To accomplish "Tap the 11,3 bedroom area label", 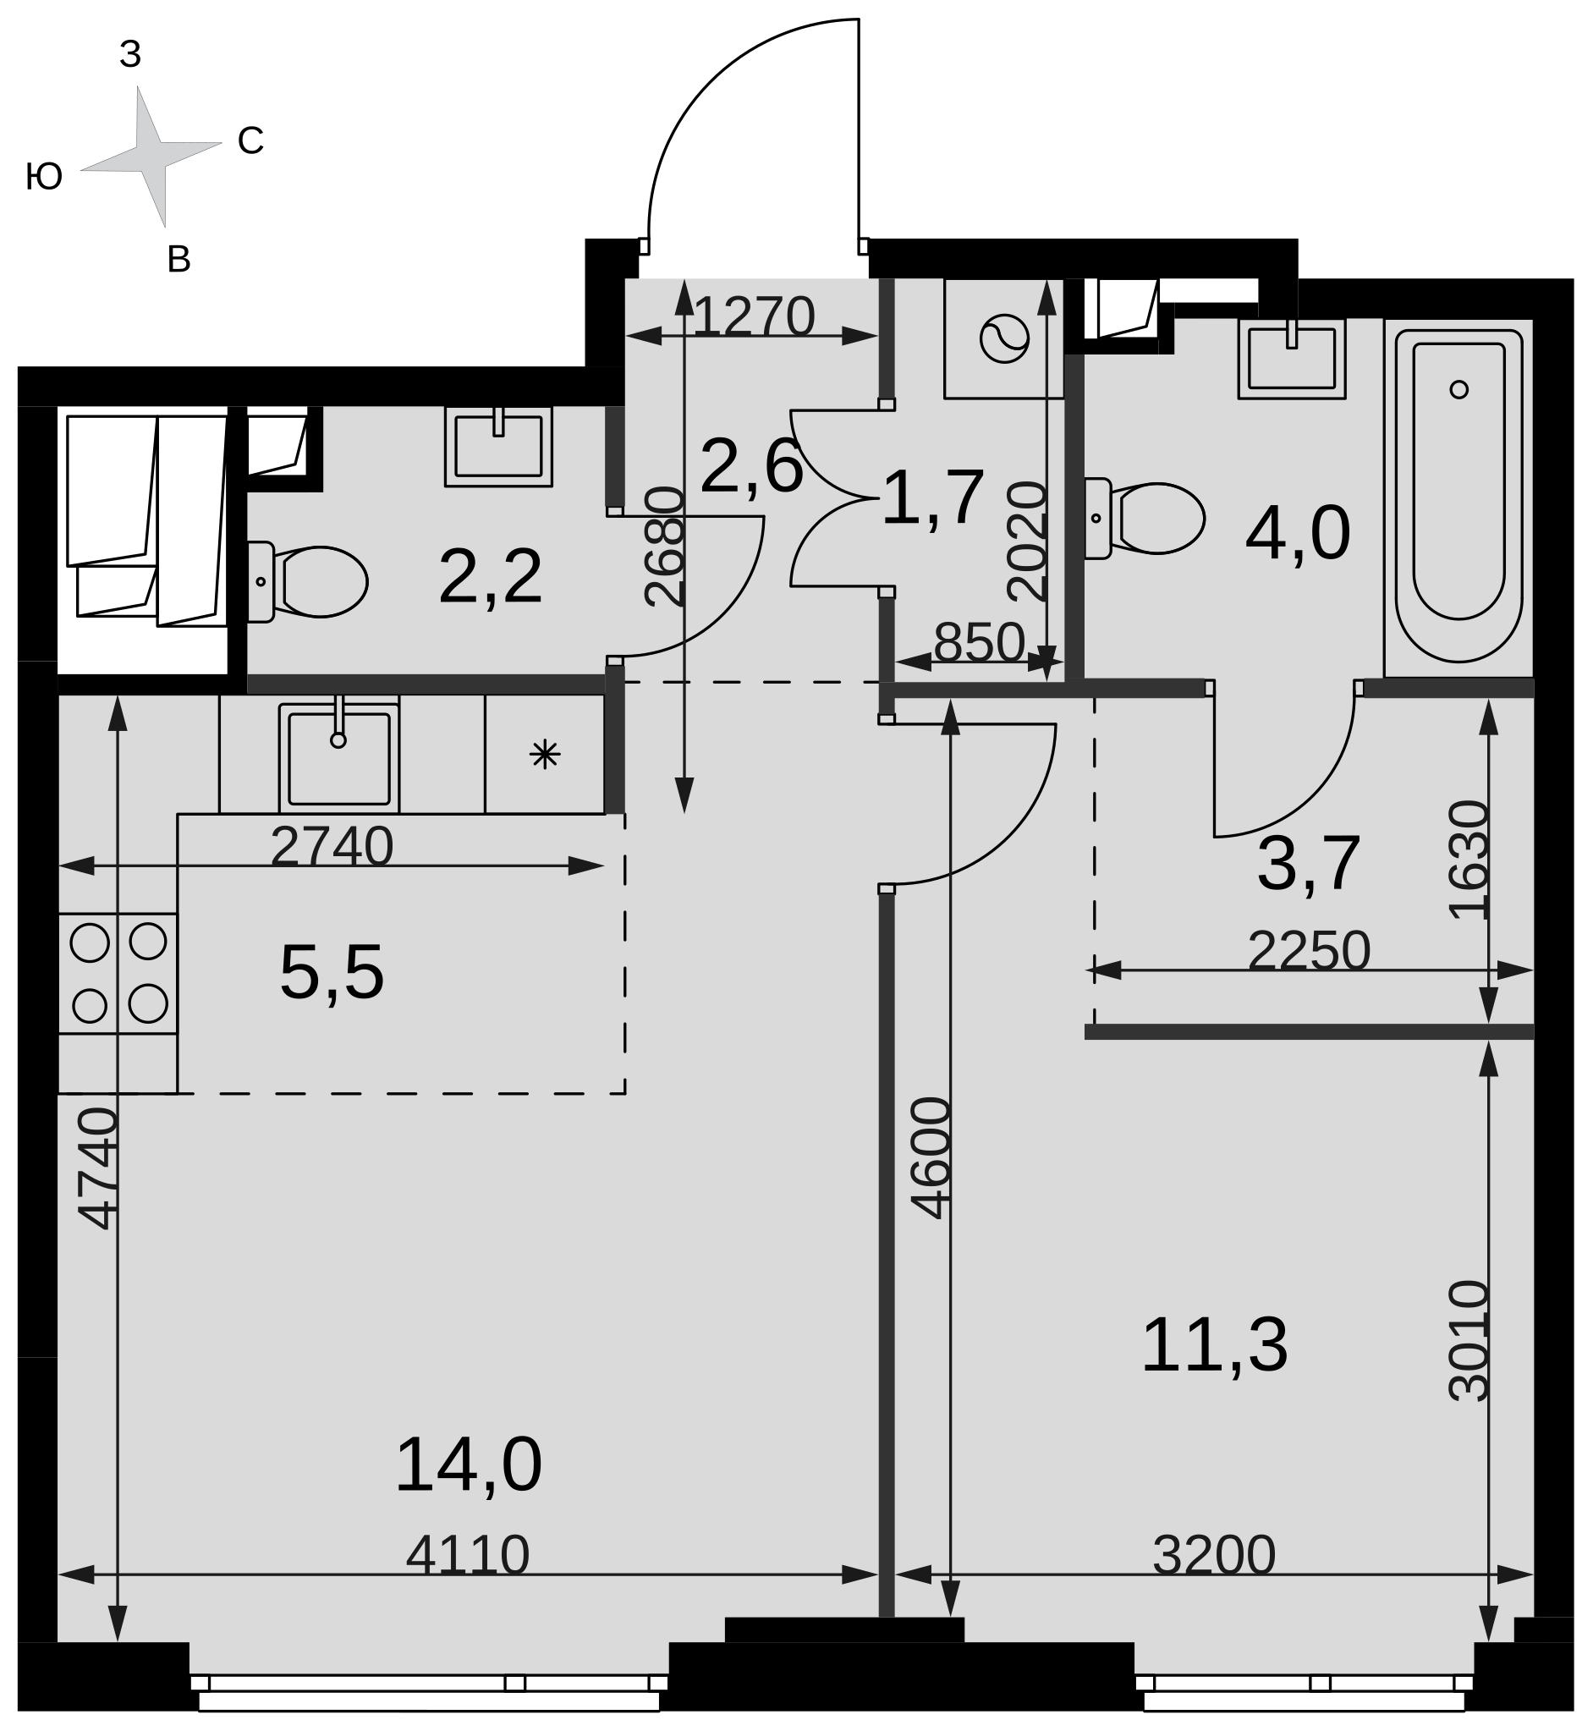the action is pos(1214,1345).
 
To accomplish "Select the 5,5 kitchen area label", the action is pos(332,973).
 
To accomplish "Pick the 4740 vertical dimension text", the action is pos(97,1168).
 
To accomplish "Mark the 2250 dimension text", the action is pos(1309,951).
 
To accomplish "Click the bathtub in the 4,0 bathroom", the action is pos(1458,497).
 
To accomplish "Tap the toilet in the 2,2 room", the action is pos(308,582).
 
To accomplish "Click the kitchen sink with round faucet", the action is pos(338,756).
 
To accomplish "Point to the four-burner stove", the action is pos(118,973).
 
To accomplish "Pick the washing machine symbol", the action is pos(1004,338).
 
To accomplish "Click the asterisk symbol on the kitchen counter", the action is pos(545,756).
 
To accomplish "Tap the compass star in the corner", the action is pos(151,157).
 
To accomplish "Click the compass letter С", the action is pos(250,140).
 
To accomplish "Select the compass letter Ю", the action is pos(44,177).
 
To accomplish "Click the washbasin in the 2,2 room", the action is pos(498,447).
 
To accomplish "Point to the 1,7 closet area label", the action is pos(932,498).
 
